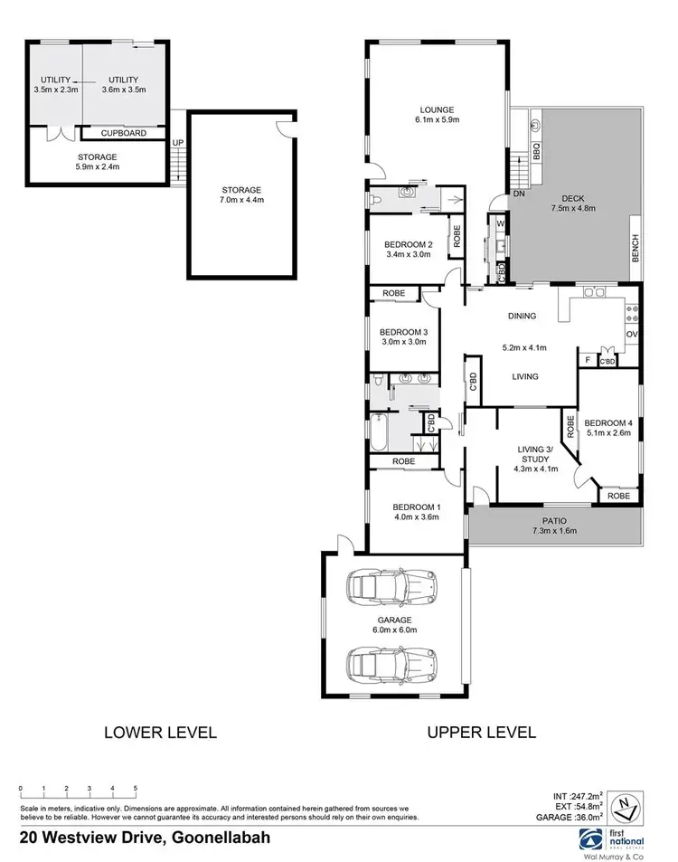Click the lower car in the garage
(x=393, y=663)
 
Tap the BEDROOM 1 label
(x=417, y=507)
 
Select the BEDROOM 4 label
(x=608, y=423)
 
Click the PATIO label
(x=553, y=520)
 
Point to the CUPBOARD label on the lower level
(x=124, y=133)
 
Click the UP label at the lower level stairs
(x=178, y=143)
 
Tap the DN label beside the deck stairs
(x=519, y=194)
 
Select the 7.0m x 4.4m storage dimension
(x=241, y=200)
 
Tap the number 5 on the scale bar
(x=136, y=789)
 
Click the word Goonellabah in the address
(x=218, y=838)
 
